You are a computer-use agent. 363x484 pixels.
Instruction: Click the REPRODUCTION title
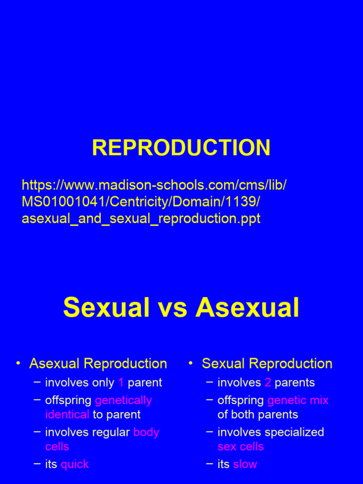point(181,148)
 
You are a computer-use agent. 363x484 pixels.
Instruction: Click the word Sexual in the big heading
point(106,308)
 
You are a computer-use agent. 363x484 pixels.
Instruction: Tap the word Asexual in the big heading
point(247,308)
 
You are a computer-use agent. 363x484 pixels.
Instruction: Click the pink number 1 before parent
point(121,382)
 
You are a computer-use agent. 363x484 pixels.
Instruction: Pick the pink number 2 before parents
point(268,382)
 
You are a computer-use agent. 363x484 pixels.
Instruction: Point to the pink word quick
point(75,464)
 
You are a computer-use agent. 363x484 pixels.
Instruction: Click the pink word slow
point(245,464)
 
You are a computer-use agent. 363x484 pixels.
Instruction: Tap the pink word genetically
point(123,400)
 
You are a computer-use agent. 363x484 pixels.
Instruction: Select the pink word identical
point(67,415)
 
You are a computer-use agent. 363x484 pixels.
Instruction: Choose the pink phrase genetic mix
point(298,400)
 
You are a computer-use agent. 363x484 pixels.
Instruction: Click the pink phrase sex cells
point(241,446)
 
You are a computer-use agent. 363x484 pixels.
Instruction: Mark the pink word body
point(147,432)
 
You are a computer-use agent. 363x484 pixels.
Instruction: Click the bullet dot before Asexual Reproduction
point(18,363)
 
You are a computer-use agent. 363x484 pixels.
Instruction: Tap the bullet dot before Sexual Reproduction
point(190,363)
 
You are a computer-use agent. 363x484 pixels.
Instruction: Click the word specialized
point(295,432)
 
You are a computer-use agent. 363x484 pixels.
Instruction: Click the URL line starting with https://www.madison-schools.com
point(154,185)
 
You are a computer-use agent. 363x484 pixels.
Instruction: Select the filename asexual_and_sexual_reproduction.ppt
point(141,219)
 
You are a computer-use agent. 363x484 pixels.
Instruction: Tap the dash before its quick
point(37,464)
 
